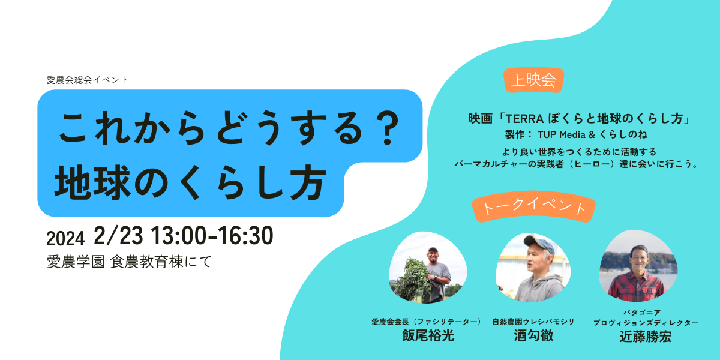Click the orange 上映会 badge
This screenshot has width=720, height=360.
click(x=533, y=80)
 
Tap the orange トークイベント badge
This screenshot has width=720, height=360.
click(x=533, y=206)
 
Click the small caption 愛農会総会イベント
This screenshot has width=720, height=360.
click(x=88, y=80)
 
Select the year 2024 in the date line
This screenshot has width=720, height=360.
click(x=65, y=239)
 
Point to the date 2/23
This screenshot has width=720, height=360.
click(x=118, y=236)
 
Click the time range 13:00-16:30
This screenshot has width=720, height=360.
click(x=212, y=236)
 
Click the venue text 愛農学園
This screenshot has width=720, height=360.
click(x=76, y=262)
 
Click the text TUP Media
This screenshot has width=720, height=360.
click(x=561, y=134)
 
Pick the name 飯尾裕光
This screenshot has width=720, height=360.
click(x=428, y=335)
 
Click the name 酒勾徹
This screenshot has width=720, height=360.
click(x=533, y=335)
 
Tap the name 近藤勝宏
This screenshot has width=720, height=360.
click(x=646, y=337)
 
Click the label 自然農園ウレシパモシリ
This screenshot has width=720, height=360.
click(x=533, y=322)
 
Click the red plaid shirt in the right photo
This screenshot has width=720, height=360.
click(x=637, y=287)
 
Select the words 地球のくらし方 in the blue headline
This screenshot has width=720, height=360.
click(x=190, y=183)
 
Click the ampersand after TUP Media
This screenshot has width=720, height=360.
click(x=592, y=134)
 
